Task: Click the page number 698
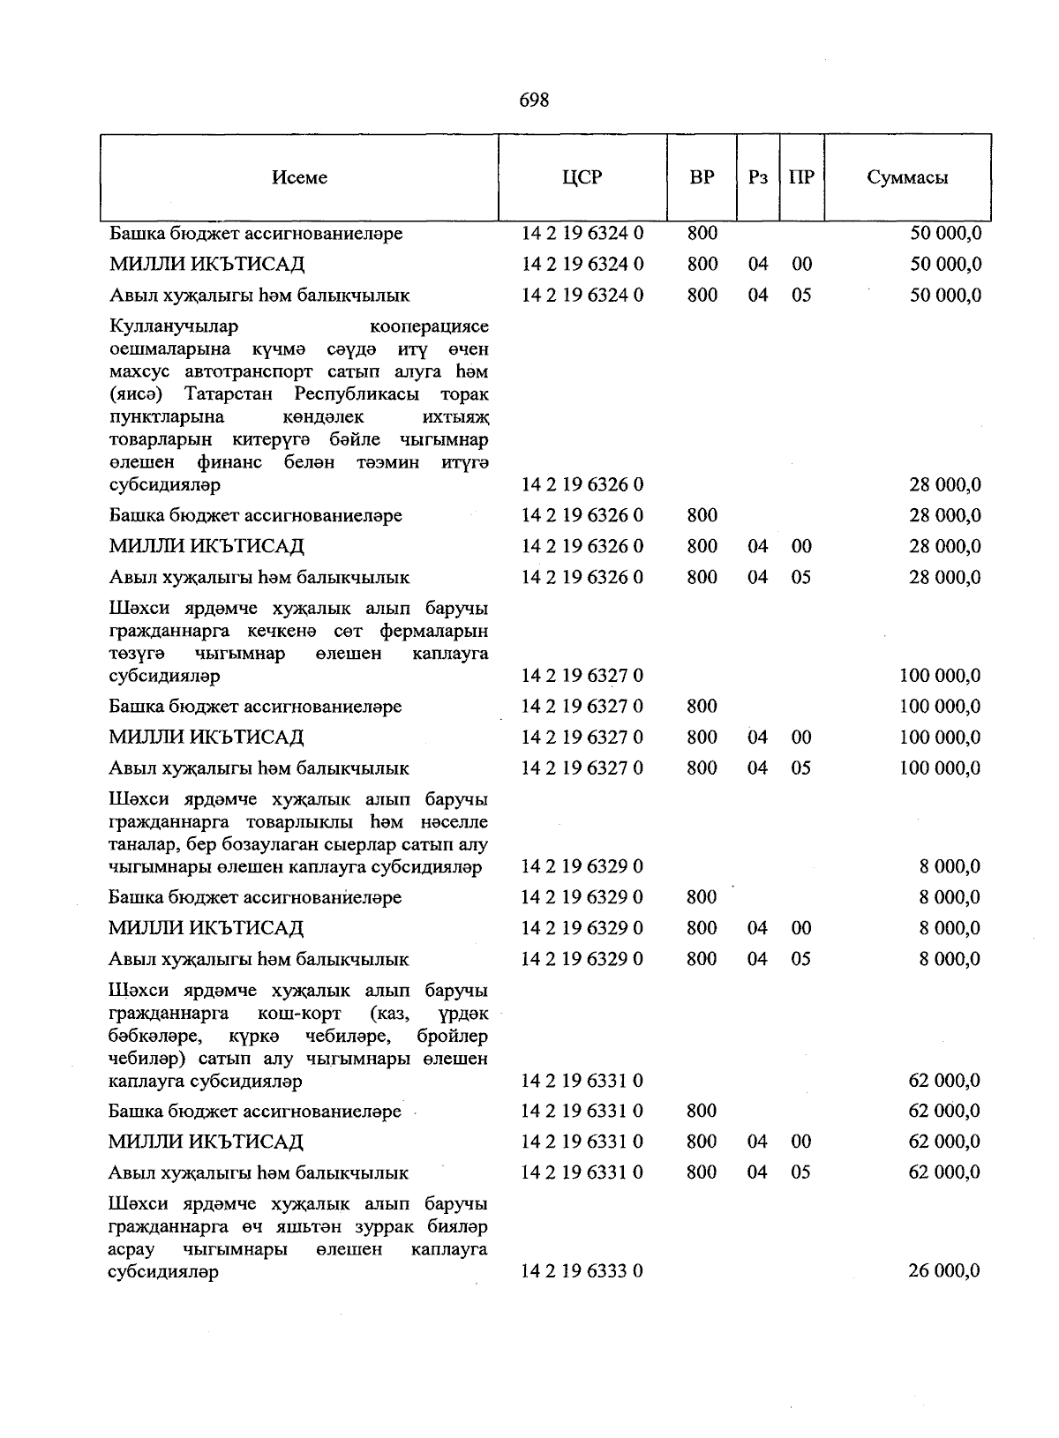(x=534, y=101)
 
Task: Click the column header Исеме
(x=299, y=177)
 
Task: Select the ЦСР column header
(x=582, y=177)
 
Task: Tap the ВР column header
(x=702, y=177)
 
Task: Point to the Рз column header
(x=757, y=177)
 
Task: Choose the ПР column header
(x=801, y=177)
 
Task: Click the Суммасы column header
(x=907, y=177)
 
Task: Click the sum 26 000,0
(x=944, y=1271)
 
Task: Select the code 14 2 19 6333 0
(x=582, y=1271)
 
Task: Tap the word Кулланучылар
(x=174, y=326)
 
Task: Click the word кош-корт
(x=300, y=1013)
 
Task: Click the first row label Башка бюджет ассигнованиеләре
(x=256, y=234)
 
